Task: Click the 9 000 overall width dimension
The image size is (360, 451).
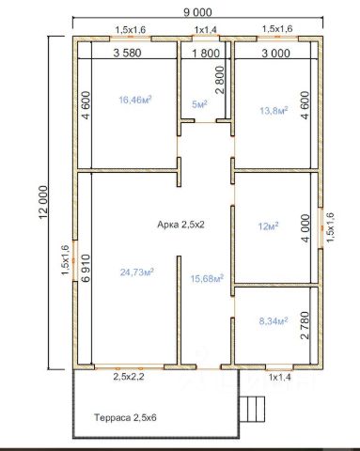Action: tap(197, 12)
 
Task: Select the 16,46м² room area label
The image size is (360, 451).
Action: tap(135, 100)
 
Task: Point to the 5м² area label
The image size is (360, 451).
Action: tap(199, 104)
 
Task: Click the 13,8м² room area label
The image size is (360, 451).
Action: tap(274, 110)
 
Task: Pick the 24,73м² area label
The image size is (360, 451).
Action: tap(136, 272)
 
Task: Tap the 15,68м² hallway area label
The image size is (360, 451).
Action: tap(207, 278)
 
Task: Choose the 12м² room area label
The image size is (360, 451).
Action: tap(269, 225)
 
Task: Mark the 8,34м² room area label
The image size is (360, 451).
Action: tap(274, 321)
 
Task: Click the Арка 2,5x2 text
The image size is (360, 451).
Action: tap(180, 225)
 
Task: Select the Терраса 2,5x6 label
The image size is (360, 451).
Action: tap(125, 417)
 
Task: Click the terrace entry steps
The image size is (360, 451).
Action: tap(254, 409)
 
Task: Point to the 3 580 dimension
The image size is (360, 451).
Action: tap(127, 53)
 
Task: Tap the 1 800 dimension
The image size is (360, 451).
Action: tap(206, 54)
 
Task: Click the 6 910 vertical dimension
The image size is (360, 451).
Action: tap(86, 268)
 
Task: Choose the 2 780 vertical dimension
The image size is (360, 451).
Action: tap(305, 325)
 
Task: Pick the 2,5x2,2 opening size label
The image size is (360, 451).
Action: tap(129, 377)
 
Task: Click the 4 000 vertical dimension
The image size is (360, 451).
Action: tap(305, 228)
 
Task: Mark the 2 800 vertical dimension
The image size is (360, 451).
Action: tap(220, 80)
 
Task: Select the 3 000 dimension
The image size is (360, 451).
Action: tap(275, 54)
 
